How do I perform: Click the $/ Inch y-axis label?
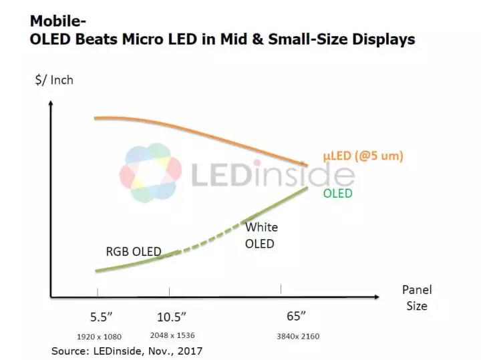[54, 80]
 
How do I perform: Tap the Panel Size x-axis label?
[417, 298]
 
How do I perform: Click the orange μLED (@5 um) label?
[363, 156]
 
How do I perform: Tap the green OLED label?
[337, 193]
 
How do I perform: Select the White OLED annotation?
[260, 235]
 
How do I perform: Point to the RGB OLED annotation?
[134, 252]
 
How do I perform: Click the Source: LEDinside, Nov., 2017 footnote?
[127, 350]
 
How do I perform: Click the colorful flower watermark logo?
[150, 172]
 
